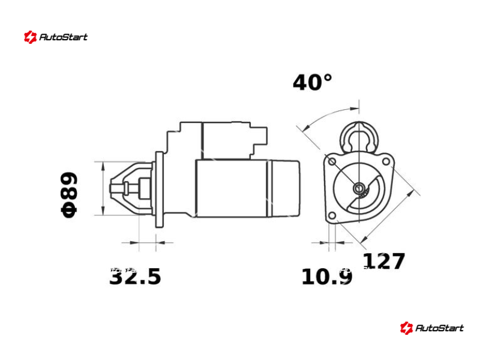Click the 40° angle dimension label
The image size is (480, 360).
tap(312, 82)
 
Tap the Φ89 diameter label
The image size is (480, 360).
tap(70, 194)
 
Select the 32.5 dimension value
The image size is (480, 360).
tap(135, 277)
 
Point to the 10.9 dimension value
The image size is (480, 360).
tap(326, 277)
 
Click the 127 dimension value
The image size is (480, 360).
tap(384, 261)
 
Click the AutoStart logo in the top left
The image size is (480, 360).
tap(56, 37)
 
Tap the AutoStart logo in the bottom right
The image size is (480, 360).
tap(432, 328)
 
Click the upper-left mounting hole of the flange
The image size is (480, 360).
tap(332, 161)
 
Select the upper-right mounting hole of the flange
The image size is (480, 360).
tap(386, 161)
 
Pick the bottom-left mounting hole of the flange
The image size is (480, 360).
tap(332, 215)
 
